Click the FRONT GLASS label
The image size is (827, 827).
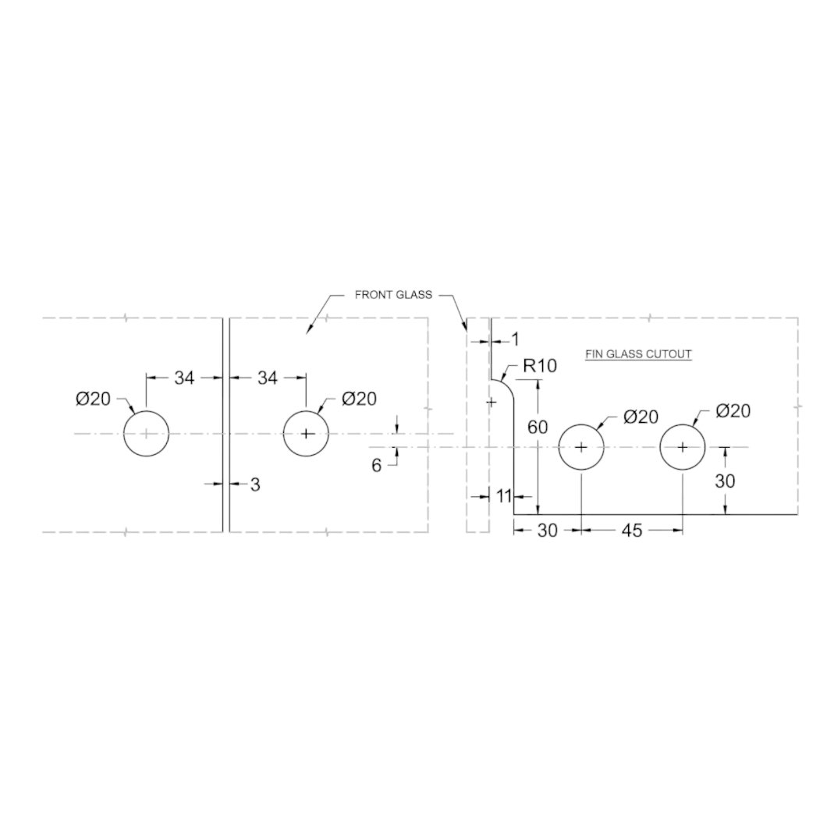(393, 295)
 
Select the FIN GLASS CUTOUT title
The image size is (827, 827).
(638, 354)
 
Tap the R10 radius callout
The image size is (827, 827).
(540, 365)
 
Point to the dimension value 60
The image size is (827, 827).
(538, 427)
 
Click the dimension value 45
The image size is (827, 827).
(632, 531)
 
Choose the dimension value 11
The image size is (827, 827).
(504, 495)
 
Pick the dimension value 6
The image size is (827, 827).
(376, 466)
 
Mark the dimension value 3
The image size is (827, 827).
(255, 484)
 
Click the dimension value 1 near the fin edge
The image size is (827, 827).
(515, 339)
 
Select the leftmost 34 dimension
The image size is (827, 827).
(185, 378)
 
